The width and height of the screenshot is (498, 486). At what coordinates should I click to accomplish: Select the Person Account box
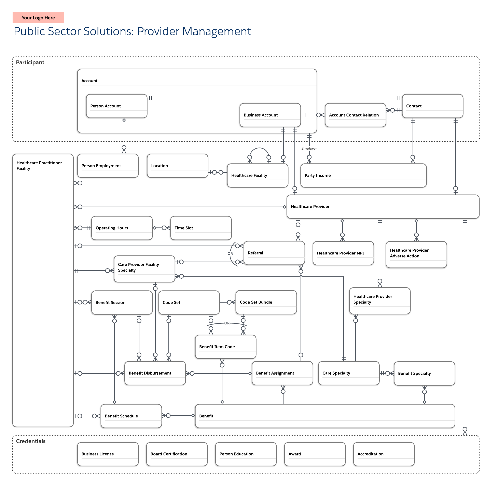(x=116, y=106)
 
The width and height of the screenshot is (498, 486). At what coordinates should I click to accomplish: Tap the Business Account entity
(x=270, y=115)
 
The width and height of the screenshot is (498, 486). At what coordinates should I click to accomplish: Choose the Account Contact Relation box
(x=355, y=115)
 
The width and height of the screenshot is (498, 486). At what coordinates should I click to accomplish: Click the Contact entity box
(x=432, y=106)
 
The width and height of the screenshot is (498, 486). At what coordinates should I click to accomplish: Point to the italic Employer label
(x=309, y=148)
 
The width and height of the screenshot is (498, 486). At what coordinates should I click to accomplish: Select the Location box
(x=177, y=166)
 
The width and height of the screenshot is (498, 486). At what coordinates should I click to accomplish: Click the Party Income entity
(x=363, y=175)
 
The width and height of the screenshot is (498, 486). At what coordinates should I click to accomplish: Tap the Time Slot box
(x=201, y=228)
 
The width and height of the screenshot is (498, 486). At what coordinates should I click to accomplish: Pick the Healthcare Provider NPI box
(x=343, y=253)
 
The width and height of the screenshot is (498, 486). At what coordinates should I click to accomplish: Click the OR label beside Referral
(x=230, y=253)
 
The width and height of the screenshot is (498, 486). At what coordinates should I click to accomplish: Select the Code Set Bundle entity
(x=266, y=302)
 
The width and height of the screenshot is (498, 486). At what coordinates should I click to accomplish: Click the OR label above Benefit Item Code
(x=227, y=323)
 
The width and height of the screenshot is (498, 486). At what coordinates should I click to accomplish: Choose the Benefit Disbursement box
(x=155, y=373)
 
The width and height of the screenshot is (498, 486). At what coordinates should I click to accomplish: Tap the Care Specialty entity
(x=349, y=373)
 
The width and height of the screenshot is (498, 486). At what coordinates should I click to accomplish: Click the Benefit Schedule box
(x=131, y=416)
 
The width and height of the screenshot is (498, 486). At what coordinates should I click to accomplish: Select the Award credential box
(x=315, y=454)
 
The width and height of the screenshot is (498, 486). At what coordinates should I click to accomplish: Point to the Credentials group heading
(x=31, y=441)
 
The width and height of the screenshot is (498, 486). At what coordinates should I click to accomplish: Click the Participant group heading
(x=30, y=63)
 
